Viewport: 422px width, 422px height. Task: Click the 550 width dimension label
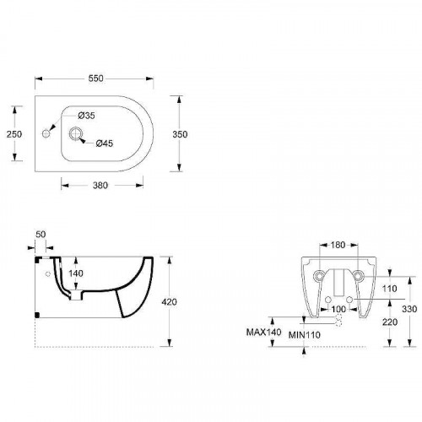point(96,78)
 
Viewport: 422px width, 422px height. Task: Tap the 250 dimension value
point(14,134)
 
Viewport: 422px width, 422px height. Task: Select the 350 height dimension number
point(180,134)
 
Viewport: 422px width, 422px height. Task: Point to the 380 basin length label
point(100,186)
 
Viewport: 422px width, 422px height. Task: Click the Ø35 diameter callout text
point(86,116)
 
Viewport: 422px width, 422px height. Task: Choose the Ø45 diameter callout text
point(105,143)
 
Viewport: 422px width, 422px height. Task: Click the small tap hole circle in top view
point(46,133)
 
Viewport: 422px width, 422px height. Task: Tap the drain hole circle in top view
point(75,133)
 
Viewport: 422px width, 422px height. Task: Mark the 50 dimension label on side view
point(41,235)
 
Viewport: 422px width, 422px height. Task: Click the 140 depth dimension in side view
point(76,273)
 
